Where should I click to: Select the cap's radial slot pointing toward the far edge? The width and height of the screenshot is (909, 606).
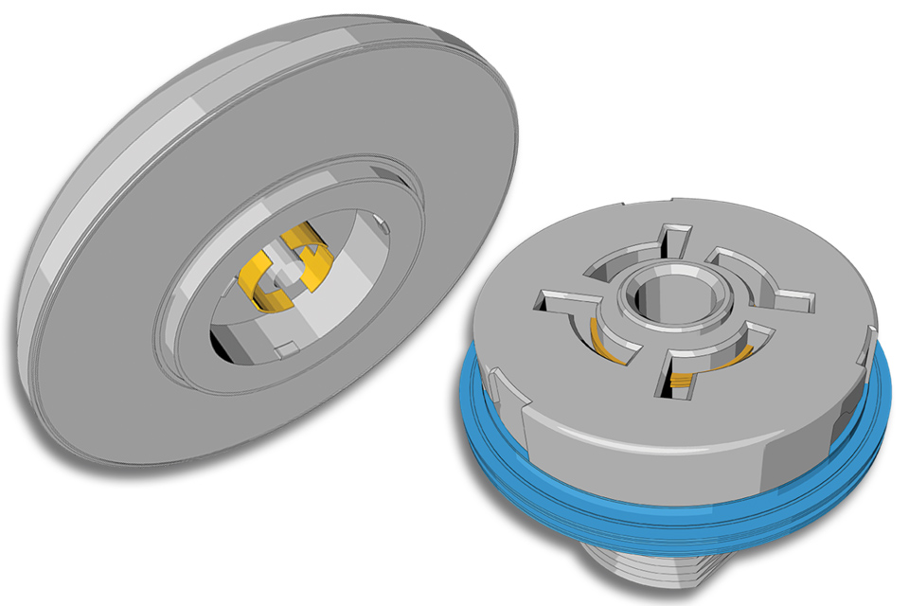coord(674,241)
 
